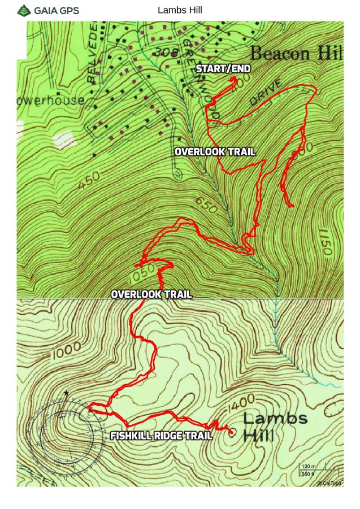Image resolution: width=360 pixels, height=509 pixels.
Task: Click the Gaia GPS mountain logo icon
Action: coord(24,10)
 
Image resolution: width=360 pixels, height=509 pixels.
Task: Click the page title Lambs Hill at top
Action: coord(180,10)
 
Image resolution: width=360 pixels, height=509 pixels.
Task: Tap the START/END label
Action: coord(223,69)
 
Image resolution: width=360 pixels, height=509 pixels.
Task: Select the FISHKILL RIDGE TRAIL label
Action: coord(161,436)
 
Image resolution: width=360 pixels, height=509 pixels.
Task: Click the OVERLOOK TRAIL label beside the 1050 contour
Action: coord(151,294)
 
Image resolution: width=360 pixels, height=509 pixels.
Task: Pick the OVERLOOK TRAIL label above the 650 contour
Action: coord(215,152)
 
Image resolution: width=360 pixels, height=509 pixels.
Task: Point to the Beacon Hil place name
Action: coord(296,54)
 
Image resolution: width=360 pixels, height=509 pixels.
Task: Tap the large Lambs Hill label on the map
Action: coord(276,427)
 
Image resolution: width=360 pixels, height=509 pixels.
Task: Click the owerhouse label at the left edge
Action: coord(50,101)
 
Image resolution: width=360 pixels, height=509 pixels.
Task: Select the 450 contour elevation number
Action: coord(88,182)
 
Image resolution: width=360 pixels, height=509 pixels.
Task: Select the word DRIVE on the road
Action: coord(265,93)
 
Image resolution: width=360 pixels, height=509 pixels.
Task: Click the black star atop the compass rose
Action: coord(66,393)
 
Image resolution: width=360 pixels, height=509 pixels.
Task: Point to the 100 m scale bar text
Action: coord(309,467)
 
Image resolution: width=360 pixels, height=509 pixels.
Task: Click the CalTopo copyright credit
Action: coord(329,483)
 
